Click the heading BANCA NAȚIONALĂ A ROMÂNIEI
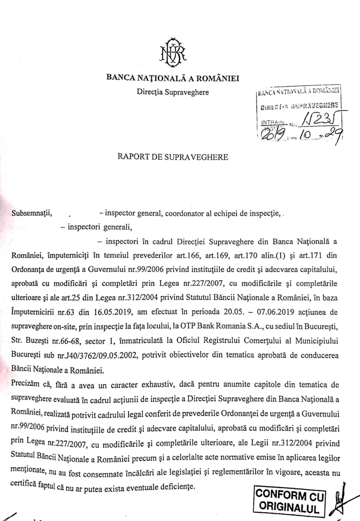pos(172,78)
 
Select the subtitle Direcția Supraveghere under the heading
pos(172,92)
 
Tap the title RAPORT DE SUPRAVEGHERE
pos(172,157)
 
